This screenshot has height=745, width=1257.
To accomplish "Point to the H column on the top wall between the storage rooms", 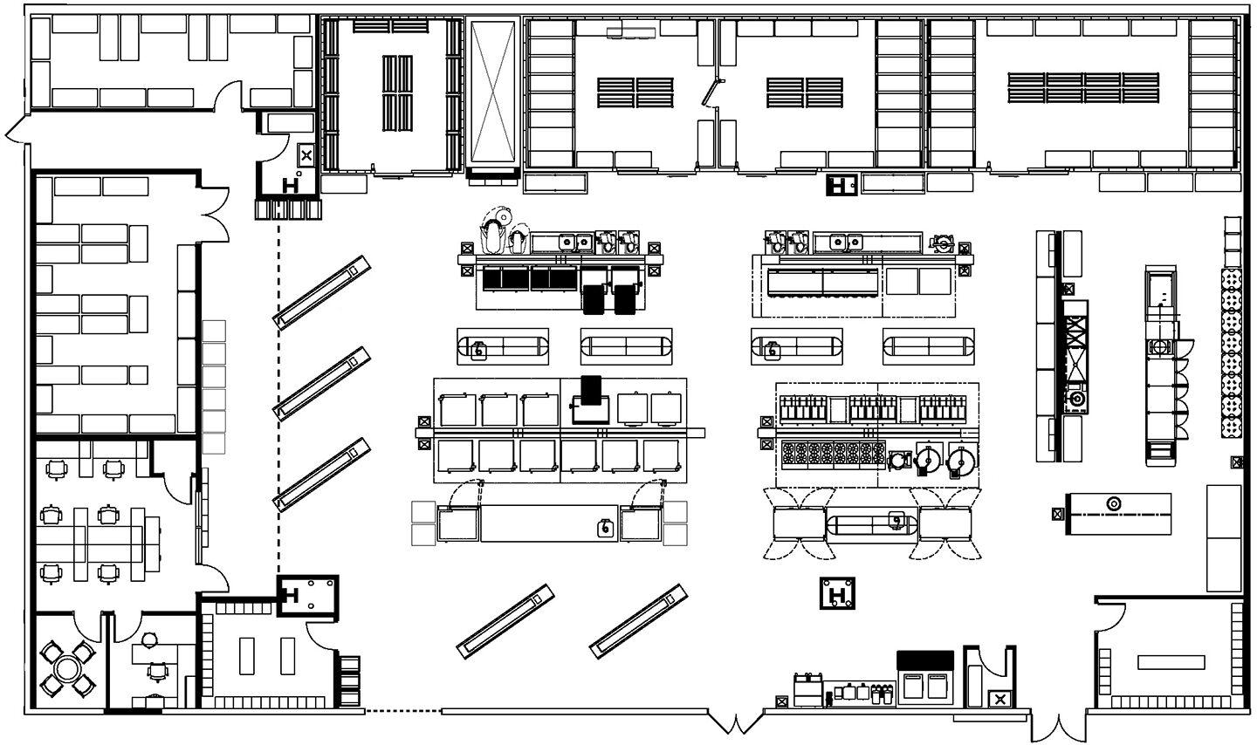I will (x=841, y=185).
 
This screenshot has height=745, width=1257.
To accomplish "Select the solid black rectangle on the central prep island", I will (x=591, y=387).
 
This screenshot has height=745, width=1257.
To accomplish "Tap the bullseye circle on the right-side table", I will (x=1113, y=504).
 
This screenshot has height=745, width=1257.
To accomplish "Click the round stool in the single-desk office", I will (x=148, y=639).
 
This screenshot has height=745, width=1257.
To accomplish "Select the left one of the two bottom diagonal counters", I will (x=505, y=621).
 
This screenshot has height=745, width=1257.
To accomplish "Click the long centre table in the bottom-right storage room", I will (x=1170, y=661).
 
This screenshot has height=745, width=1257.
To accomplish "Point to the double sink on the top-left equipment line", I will (x=576, y=241).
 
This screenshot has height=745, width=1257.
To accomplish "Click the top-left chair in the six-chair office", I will (x=56, y=468).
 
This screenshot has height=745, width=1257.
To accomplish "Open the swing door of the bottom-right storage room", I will (x=1110, y=621).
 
